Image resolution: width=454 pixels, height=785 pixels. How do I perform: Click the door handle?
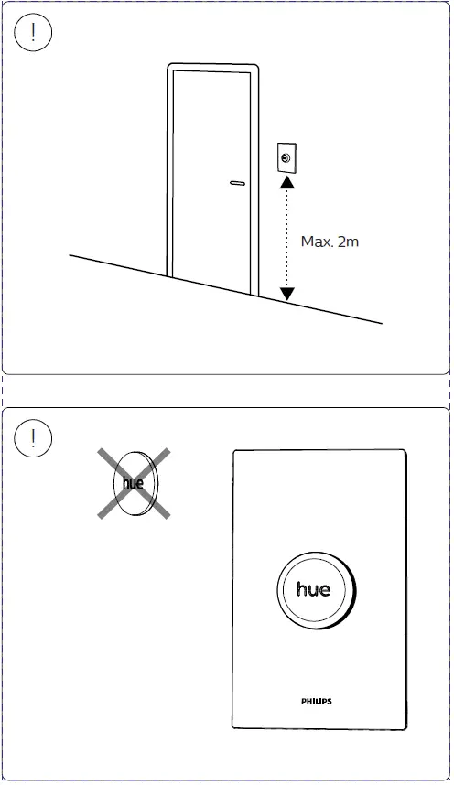pos(237,183)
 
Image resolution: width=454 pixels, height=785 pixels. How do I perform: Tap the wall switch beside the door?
pos(286,159)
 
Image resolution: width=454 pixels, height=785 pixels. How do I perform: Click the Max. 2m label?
pos(330,242)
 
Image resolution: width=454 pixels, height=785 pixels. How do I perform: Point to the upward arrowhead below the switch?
pos(286,183)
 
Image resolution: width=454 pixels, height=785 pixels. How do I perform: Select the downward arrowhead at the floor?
pos(286,294)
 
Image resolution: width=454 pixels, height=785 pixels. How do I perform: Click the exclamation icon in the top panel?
pos(34,34)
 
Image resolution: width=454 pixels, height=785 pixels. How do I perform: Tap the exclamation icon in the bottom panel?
pos(34,438)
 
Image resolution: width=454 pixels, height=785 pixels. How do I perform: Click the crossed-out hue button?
pos(135,484)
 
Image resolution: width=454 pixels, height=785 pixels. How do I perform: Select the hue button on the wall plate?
pos(314,588)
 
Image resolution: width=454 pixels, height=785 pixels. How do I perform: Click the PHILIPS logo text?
pos(317,702)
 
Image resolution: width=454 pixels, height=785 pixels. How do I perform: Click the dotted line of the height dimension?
pos(286,238)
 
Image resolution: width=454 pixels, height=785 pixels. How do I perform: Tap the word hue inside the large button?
pos(314,589)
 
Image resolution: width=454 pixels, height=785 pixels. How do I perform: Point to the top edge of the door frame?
pos(212,66)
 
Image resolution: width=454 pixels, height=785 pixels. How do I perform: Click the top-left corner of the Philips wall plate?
pos(235,451)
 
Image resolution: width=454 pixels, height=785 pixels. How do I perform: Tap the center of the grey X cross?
pos(135,484)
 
